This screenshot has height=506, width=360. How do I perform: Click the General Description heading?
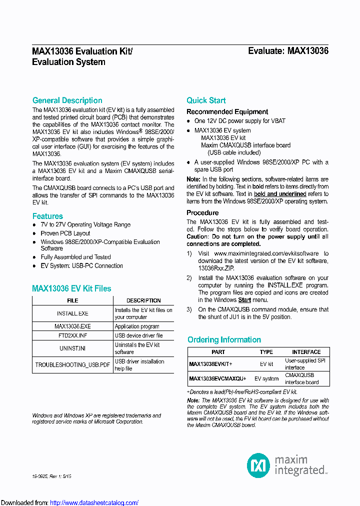pyautogui.click(x=67, y=100)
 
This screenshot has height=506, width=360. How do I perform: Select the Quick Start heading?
pyautogui.click(x=206, y=100)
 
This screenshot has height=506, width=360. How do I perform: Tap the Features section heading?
pyautogui.click(x=47, y=216)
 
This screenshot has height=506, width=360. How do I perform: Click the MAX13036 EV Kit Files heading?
pyautogui.click(x=71, y=288)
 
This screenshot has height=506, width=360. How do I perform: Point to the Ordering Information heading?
pyautogui.click(x=224, y=340)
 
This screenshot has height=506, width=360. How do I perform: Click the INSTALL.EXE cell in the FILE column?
pyautogui.click(x=72, y=313)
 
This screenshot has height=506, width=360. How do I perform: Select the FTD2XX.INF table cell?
pyautogui.click(x=72, y=335)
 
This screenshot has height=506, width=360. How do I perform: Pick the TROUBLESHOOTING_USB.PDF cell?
pyautogui.click(x=72, y=365)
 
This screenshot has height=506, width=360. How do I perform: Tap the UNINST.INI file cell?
pyautogui.click(x=72, y=348)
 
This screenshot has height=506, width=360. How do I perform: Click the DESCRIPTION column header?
pyautogui.click(x=143, y=300)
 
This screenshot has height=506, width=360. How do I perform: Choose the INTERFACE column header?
pyautogui.click(x=306, y=352)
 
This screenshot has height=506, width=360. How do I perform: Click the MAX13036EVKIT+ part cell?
pyautogui.click(x=210, y=364)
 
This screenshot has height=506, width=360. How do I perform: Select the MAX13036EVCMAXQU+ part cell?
pyautogui.click(x=217, y=378)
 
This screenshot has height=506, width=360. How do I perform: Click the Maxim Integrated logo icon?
pyautogui.click(x=258, y=465)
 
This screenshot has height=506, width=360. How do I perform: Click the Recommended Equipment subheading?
pyautogui.click(x=227, y=112)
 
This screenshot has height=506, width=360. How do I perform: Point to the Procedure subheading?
pyautogui.click(x=202, y=213)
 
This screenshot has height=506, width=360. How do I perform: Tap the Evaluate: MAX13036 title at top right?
pyautogui.click(x=288, y=51)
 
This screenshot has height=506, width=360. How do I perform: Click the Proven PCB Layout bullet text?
pyautogui.click(x=65, y=233)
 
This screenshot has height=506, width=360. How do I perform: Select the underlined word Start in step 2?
pyautogui.click(x=244, y=300)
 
